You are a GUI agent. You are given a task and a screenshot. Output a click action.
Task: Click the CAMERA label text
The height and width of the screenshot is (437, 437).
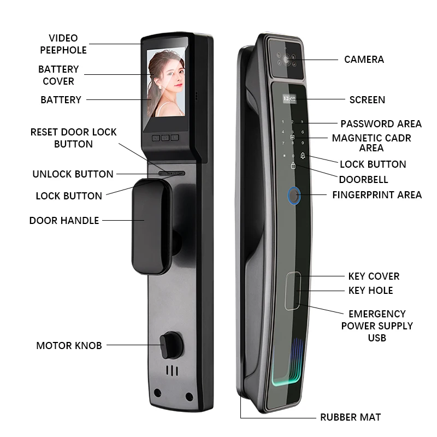pos(364,59)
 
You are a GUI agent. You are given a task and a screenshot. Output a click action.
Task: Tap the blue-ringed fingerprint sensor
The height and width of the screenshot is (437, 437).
pos(294,196)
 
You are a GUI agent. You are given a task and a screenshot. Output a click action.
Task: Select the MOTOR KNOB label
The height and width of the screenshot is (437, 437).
pos(69,345)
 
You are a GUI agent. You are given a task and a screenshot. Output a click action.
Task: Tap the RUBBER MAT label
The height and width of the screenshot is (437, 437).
pos(351,417)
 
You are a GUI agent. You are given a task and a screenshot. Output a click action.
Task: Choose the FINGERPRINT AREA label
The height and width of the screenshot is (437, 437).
pos(377,194)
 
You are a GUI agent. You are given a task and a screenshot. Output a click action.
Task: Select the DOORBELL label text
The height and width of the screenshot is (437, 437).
pos(363,179)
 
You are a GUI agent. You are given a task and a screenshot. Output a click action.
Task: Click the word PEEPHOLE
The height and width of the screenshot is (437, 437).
pos(63,50)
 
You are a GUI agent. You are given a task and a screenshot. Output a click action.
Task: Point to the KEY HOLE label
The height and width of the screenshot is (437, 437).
pos(370,291)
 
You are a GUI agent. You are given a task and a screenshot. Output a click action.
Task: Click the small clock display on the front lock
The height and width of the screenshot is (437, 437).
pos(287,99)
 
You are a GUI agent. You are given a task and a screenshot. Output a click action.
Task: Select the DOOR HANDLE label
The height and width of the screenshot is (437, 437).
pos(64,220)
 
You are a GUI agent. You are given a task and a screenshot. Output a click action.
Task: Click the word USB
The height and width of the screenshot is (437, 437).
pos(377,338)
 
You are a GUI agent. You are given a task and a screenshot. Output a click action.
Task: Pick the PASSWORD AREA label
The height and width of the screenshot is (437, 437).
pos(381,124)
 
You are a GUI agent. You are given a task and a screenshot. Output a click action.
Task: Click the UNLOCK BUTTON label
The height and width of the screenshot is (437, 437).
pos(73,174)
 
